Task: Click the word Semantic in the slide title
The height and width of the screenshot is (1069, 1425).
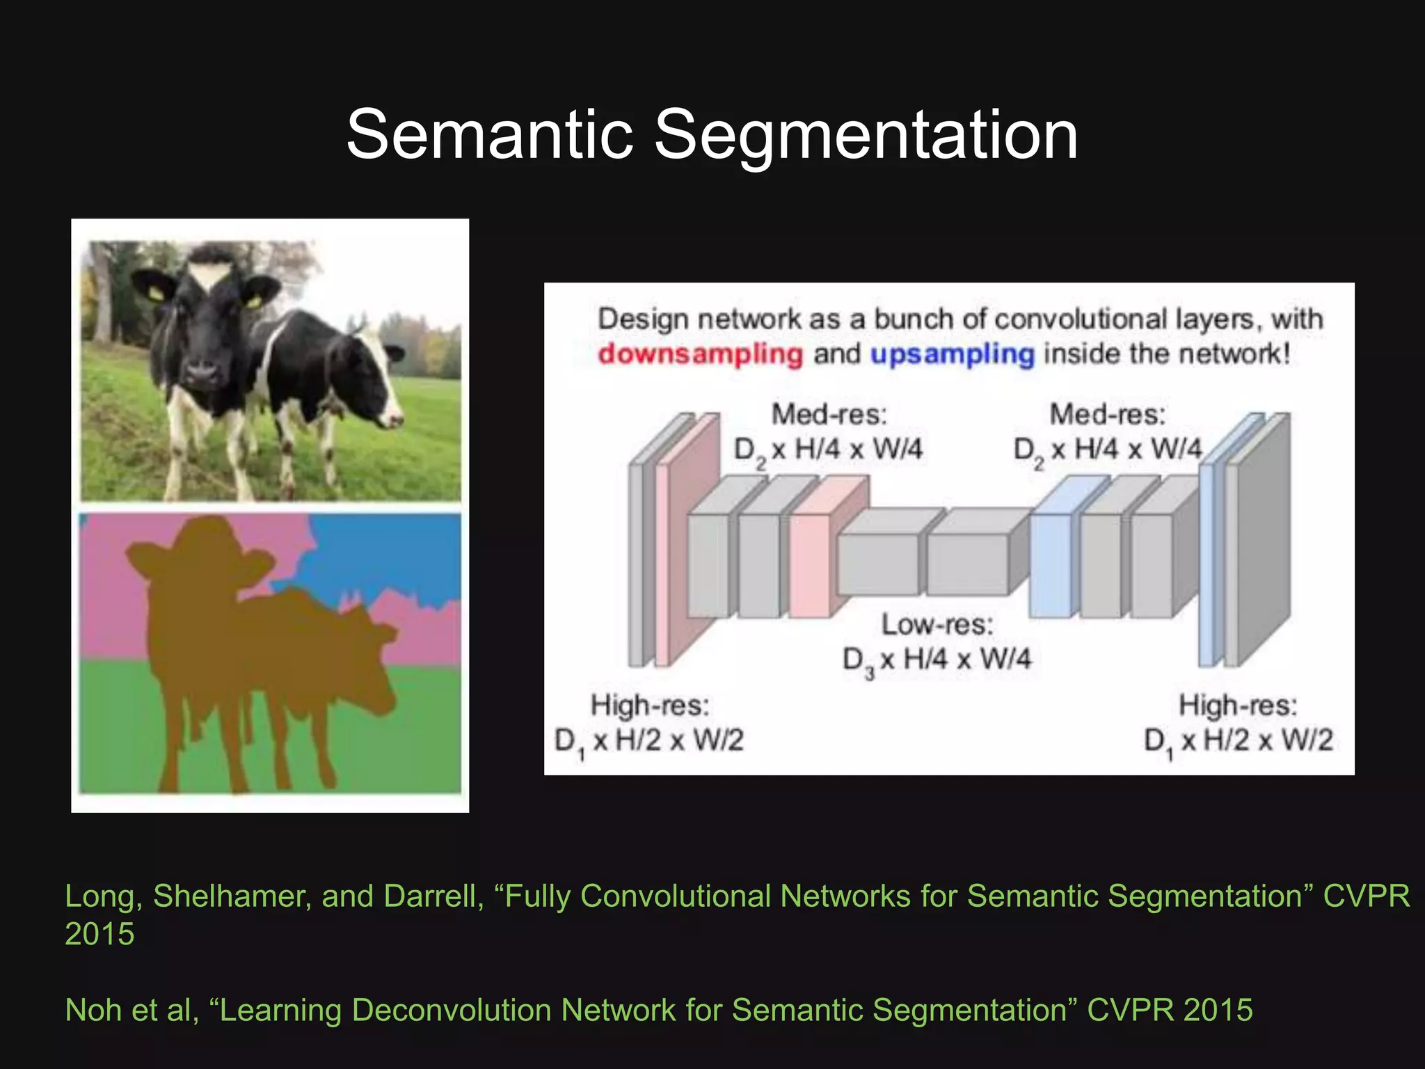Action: point(489,134)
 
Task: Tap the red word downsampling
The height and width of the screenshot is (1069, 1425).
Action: point(700,354)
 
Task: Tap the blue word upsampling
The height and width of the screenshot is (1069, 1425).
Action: point(952,354)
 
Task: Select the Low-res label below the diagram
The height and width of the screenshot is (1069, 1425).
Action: point(937,624)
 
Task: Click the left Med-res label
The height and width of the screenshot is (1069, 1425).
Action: point(829,415)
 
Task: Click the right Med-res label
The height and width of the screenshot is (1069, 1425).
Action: point(1106,415)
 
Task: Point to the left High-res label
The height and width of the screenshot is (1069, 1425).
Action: point(650,706)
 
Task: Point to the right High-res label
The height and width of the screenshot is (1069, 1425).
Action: point(1237,706)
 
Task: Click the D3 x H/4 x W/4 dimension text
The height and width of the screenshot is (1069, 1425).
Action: point(936,659)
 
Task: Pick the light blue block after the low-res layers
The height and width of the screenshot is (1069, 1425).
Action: point(1049,565)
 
